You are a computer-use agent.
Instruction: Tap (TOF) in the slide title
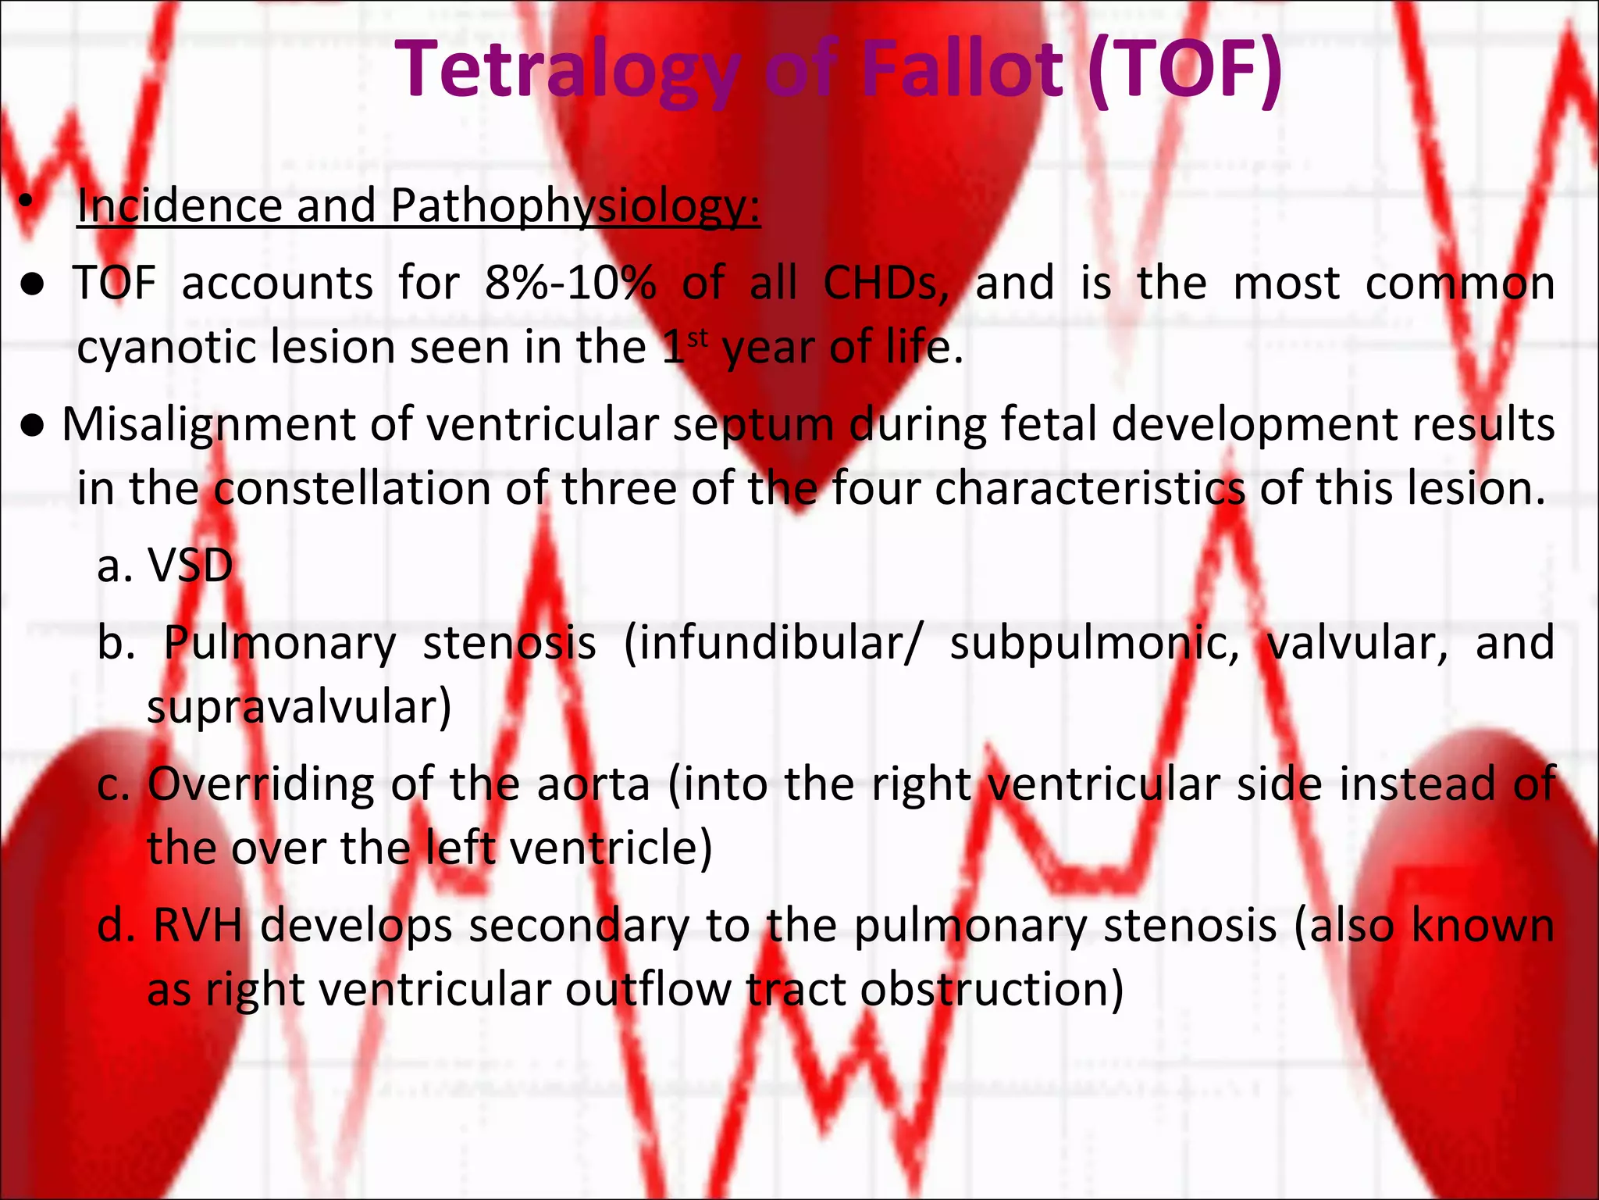click(1184, 70)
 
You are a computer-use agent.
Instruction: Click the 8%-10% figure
click(570, 283)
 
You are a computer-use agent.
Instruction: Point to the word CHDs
click(885, 283)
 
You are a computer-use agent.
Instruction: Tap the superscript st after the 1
click(697, 338)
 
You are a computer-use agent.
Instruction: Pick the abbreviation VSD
click(191, 566)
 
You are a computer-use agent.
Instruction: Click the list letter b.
click(116, 644)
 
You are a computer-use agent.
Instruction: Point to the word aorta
click(593, 784)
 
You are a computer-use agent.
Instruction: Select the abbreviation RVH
click(198, 926)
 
